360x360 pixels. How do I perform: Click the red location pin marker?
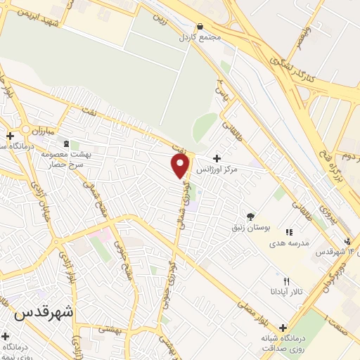click(x=181, y=165)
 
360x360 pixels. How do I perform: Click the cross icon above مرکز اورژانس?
click(x=216, y=158)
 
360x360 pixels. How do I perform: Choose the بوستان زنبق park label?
click(x=250, y=228)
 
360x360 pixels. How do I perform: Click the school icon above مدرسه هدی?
click(x=288, y=231)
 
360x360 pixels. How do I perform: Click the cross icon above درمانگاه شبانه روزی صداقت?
click(x=283, y=328)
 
